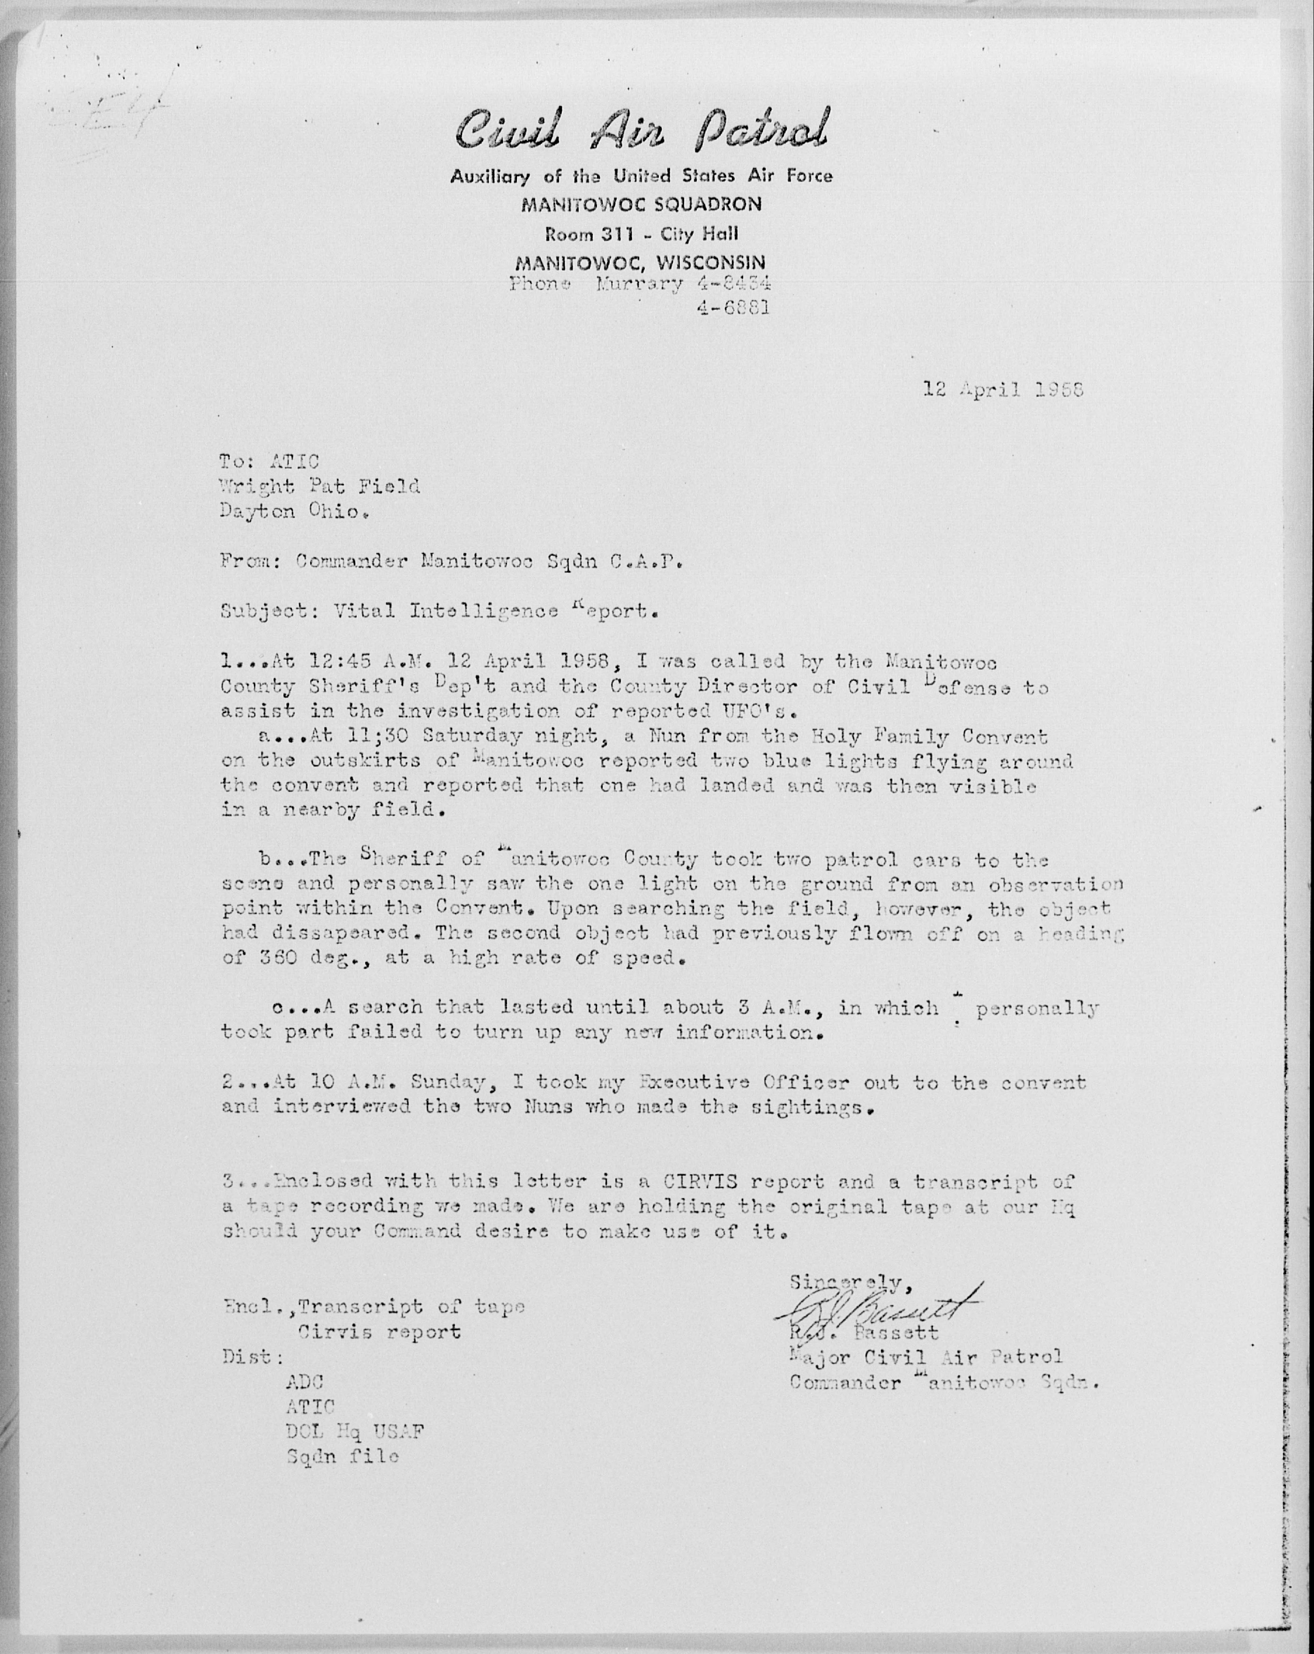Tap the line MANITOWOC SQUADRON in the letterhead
click(x=641, y=204)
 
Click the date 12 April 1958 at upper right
click(x=1003, y=390)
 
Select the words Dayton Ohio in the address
click(x=290, y=511)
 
